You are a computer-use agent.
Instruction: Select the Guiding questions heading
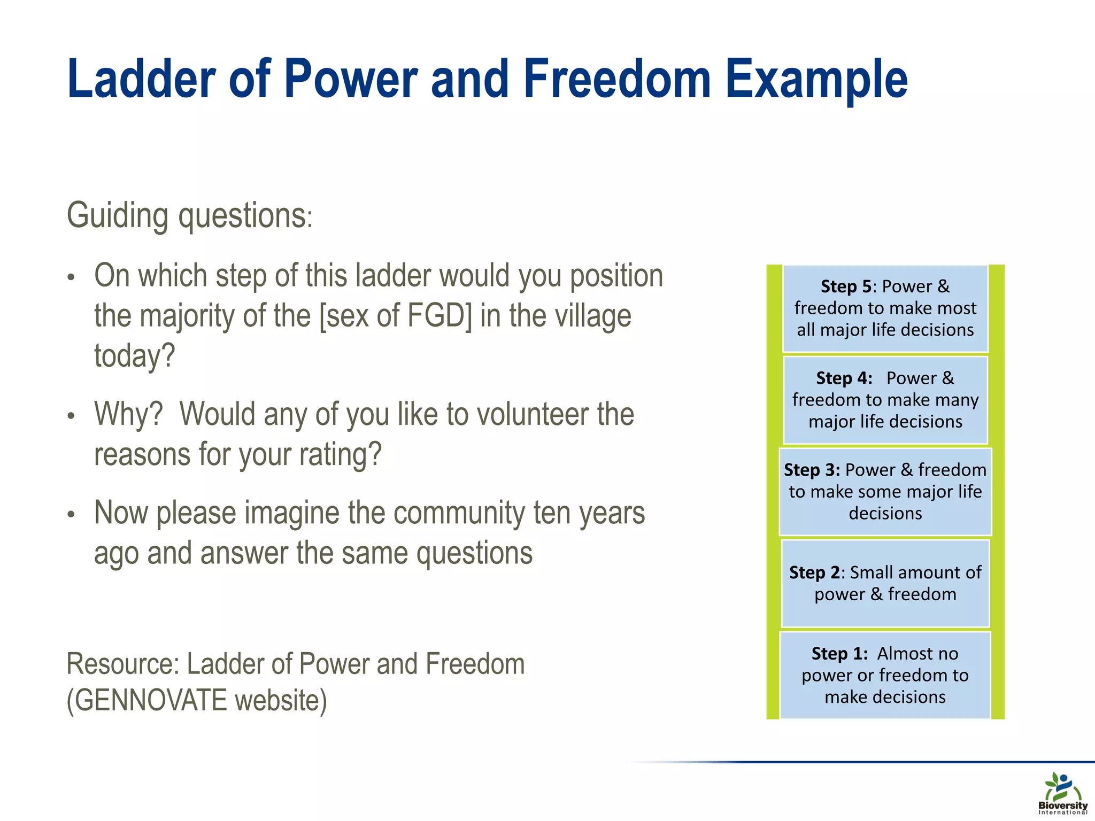[189, 216]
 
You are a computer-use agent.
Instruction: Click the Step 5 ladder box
[885, 308]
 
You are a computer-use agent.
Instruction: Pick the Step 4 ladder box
[885, 400]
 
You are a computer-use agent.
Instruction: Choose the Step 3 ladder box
[885, 492]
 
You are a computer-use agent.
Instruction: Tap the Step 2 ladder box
[885, 583]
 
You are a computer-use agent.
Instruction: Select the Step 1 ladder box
[885, 675]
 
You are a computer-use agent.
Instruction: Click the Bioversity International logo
[1062, 793]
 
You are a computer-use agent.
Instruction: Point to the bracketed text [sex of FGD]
[396, 316]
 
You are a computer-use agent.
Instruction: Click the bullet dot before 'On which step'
[71, 278]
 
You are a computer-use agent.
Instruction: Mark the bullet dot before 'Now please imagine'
[71, 515]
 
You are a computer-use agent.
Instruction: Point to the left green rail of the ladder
[773, 492]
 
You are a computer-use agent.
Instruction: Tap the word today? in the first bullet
[135, 356]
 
